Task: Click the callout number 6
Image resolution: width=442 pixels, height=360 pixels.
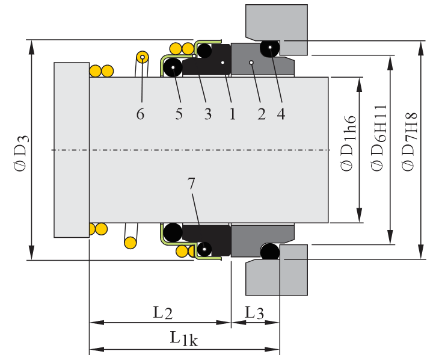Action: pos(140,114)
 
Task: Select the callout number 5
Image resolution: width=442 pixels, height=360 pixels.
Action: pos(179,114)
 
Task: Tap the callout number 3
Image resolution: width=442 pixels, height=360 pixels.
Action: pos(207,114)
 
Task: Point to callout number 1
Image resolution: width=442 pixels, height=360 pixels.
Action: pos(232,114)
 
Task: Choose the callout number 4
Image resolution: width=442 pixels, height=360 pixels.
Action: pos(281,114)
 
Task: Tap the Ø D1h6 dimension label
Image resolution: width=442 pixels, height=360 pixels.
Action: pos(348,150)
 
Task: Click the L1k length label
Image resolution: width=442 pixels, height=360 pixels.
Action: pos(183,339)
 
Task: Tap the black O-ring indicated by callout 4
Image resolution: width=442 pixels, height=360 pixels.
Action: pos(270,47)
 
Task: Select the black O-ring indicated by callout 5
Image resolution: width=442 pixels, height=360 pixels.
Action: pos(173,67)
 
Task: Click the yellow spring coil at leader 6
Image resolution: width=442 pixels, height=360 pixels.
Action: pos(143,58)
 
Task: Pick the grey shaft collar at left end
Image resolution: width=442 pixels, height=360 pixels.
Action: pos(71,149)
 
